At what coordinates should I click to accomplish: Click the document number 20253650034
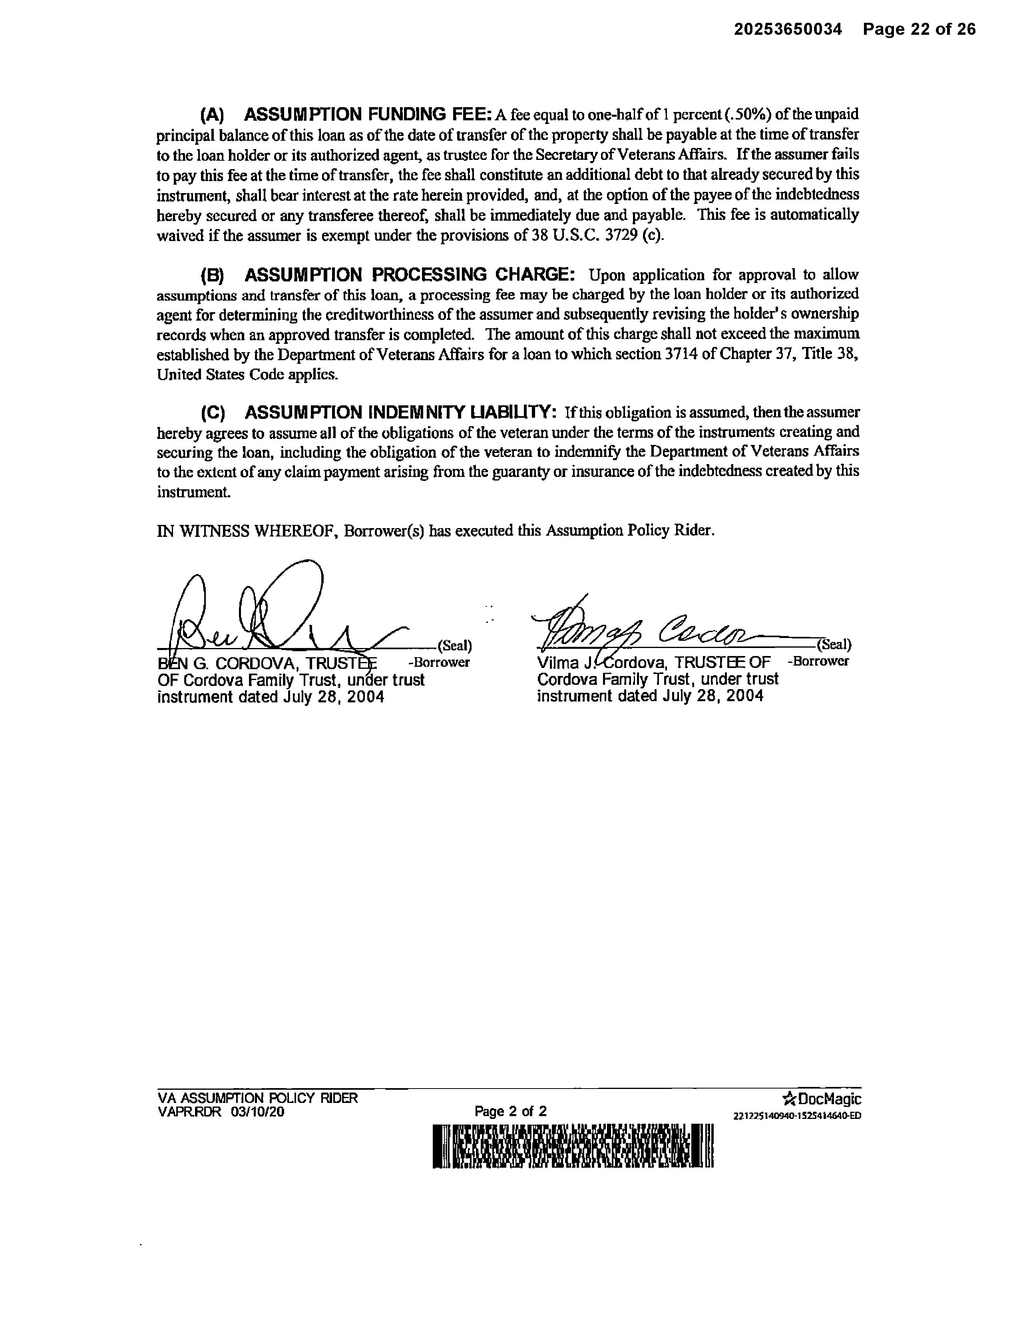(x=788, y=29)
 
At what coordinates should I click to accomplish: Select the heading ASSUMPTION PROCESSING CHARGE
(x=410, y=275)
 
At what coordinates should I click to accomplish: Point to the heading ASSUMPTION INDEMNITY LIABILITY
(x=400, y=412)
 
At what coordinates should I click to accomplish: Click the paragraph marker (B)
(x=212, y=275)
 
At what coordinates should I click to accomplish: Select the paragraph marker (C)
(x=213, y=413)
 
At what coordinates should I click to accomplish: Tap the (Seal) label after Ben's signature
(x=454, y=645)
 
